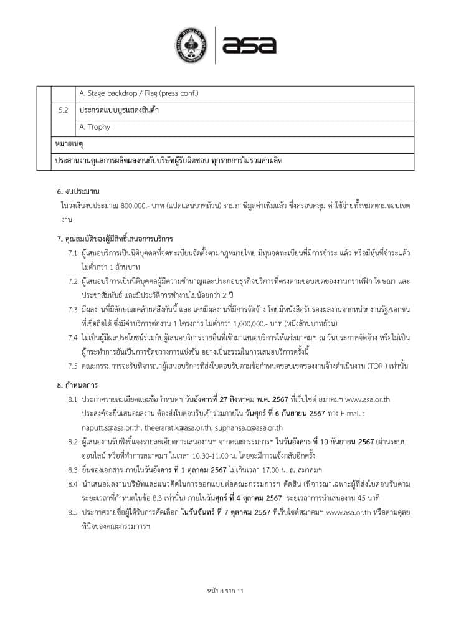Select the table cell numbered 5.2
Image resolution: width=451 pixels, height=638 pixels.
(63, 110)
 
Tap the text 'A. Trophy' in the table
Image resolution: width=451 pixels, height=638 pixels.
(95, 127)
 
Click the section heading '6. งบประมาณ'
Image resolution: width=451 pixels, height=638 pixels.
(78, 191)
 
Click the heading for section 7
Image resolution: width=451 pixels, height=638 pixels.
(114, 239)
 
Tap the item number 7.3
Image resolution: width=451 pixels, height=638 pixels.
(73, 309)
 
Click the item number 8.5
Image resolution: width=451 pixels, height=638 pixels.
(73, 512)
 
